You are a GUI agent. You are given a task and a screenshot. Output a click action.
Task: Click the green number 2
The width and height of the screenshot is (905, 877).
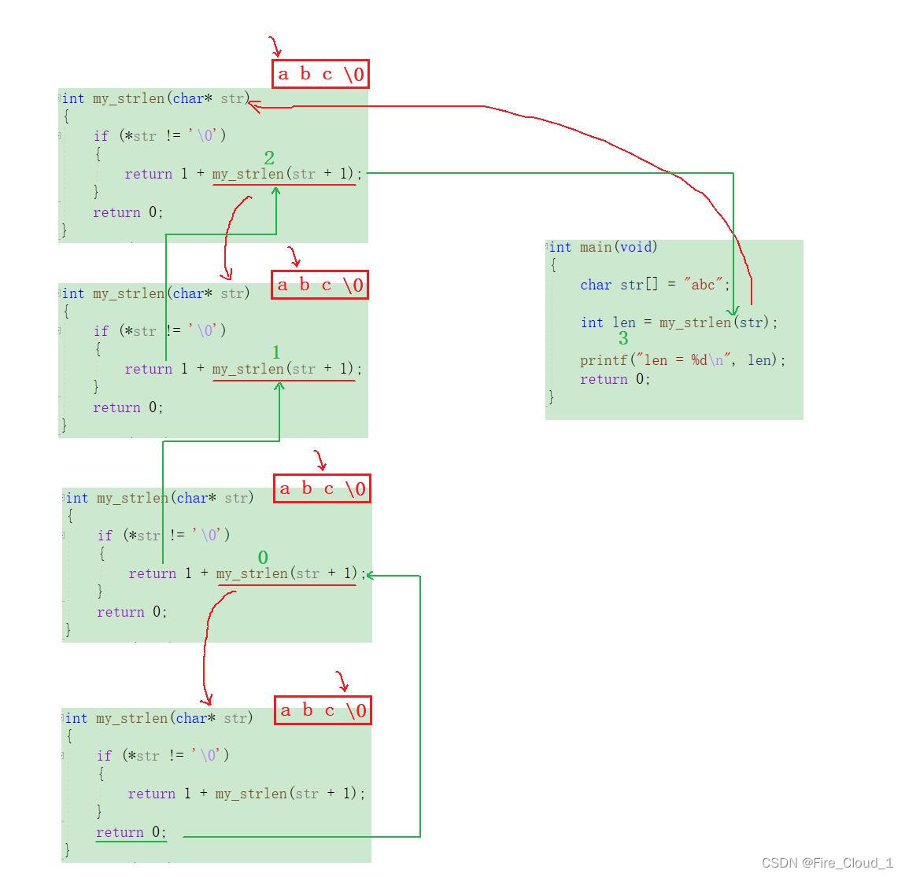point(269,158)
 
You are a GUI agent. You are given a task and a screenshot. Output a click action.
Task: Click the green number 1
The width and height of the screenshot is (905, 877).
point(276,352)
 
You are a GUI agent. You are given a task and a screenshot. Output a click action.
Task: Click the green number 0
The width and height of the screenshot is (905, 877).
point(263,558)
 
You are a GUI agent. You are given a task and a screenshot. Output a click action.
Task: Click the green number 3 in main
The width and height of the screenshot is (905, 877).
point(623,339)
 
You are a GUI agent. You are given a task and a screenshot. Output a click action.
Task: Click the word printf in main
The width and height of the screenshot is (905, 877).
point(604,360)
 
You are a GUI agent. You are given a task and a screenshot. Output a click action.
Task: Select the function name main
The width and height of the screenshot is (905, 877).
point(596,247)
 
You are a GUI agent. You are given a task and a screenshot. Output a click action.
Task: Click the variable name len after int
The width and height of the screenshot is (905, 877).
point(624,322)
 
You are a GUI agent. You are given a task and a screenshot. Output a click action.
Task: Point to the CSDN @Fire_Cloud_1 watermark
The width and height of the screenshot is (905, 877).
point(827,863)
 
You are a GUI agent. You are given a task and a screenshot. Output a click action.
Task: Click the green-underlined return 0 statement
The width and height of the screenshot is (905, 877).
point(131,832)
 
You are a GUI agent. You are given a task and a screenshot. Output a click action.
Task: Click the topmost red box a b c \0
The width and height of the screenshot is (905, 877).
point(320,74)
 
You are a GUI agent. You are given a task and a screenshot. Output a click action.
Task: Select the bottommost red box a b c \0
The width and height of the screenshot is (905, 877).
point(323,710)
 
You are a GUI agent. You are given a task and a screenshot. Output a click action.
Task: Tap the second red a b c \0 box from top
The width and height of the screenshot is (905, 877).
point(320,284)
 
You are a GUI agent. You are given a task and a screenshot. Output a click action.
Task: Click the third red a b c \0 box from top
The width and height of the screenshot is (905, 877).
point(322,488)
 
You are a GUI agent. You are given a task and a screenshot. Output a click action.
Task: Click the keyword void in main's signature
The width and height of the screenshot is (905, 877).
point(636,247)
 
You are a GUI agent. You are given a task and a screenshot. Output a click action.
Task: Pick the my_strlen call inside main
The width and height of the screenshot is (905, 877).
point(695,322)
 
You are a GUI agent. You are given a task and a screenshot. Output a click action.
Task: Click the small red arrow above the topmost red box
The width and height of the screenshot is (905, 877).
point(275,46)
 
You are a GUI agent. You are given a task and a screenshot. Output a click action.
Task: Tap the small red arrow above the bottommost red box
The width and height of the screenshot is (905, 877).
point(342,682)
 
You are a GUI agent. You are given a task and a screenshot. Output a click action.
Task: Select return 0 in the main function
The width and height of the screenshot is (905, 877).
point(615,379)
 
